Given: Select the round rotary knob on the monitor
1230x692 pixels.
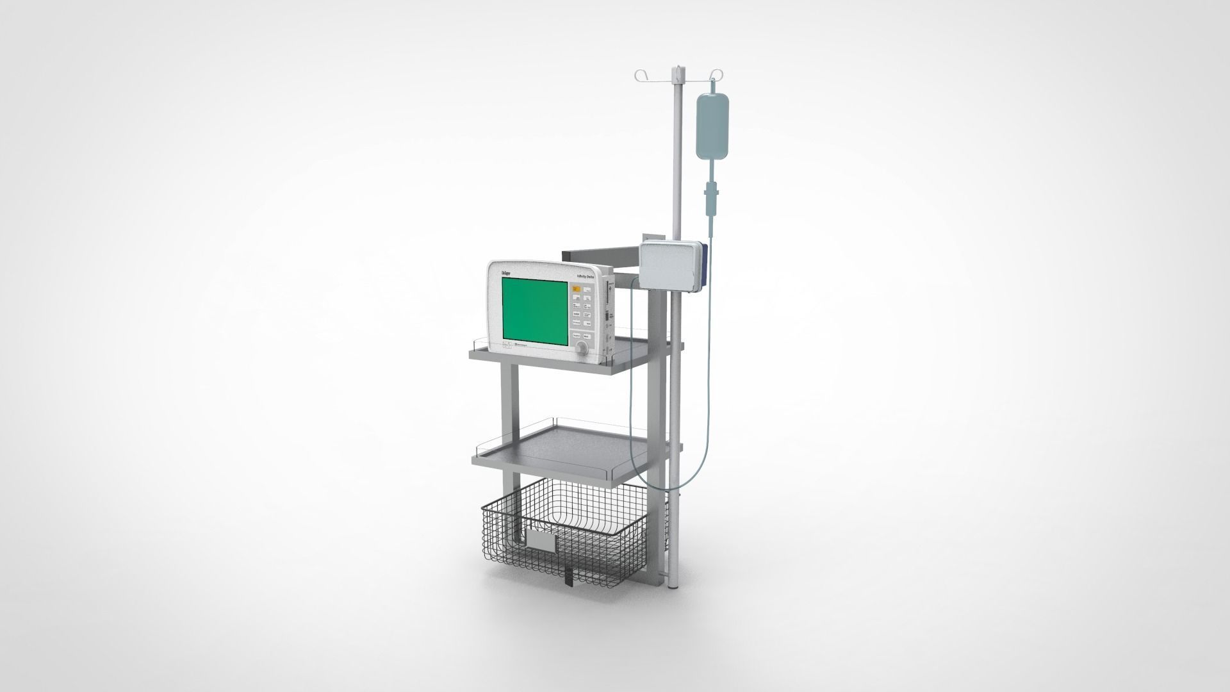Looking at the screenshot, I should coord(582,349).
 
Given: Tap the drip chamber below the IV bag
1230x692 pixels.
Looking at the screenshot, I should coord(710,192).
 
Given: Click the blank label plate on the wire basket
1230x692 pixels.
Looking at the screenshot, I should coord(541,541).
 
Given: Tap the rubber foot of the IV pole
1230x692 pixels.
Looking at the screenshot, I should coord(673,584).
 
